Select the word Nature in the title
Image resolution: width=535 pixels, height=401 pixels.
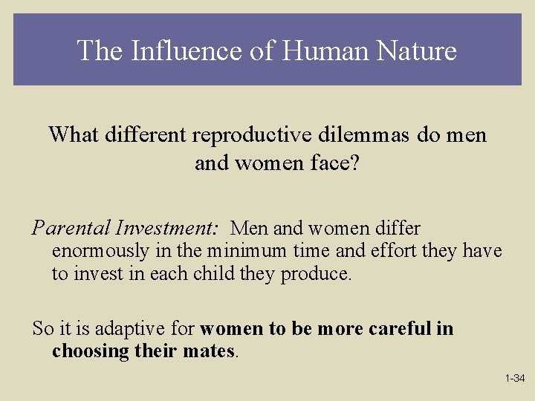(x=417, y=51)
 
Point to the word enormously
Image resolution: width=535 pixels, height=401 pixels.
(x=102, y=252)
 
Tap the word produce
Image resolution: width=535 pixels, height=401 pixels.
(x=316, y=274)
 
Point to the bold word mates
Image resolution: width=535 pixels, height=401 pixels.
(x=210, y=351)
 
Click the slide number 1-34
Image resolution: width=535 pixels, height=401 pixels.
(x=515, y=379)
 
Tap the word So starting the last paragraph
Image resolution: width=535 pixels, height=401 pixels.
(x=42, y=329)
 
